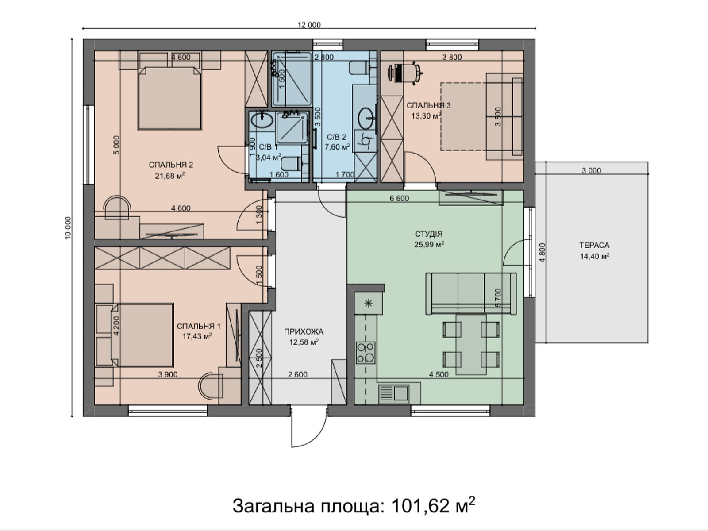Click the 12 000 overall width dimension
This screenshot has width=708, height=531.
click(309, 25)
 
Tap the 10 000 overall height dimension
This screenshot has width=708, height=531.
click(68, 228)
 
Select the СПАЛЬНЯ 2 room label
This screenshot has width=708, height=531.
click(171, 165)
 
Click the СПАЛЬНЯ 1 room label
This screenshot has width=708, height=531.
click(199, 326)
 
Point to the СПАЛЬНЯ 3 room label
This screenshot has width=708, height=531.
click(429, 105)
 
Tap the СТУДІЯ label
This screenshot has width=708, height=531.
click(429, 234)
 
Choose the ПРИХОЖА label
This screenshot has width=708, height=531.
click(304, 331)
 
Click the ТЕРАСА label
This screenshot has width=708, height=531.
click(594, 245)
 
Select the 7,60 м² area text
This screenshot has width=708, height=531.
click(337, 147)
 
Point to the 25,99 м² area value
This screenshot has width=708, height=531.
click(429, 245)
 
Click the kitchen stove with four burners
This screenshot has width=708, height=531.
click(366, 353)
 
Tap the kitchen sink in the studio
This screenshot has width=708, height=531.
click(393, 393)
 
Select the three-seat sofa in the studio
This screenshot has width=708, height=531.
click(471, 293)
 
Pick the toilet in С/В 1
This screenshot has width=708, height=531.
click(291, 163)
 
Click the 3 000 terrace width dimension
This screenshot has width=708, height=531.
click(591, 170)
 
